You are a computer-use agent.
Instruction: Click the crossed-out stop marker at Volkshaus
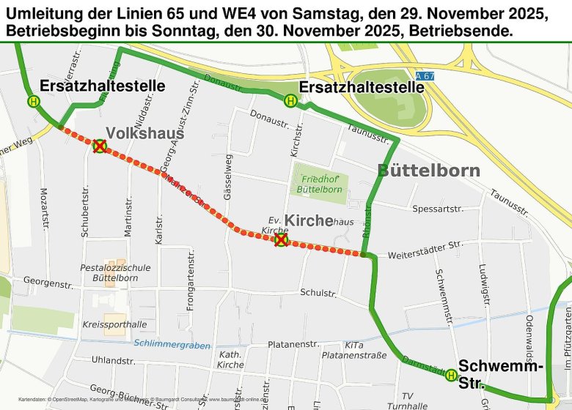coord(99,146)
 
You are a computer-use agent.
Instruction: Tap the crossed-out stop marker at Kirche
coord(280,239)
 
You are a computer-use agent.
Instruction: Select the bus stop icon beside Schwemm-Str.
coord(450,376)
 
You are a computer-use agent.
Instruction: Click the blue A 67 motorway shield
coord(424,76)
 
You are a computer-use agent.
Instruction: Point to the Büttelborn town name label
coord(429,171)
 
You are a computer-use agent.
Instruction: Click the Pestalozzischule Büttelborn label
coord(117,273)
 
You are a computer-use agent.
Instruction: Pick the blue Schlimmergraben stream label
coord(172,343)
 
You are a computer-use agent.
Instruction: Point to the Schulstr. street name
coord(318,294)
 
